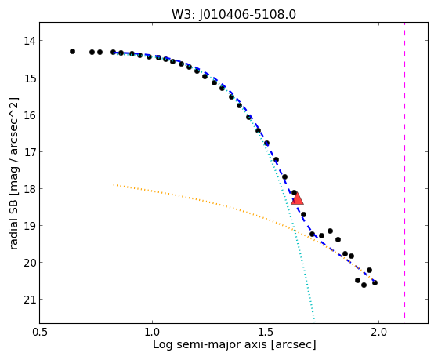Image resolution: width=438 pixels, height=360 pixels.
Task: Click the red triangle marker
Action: tap(297, 198)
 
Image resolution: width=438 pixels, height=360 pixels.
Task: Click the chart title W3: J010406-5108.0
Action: tap(233, 14)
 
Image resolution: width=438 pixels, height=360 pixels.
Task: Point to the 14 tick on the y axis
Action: tap(30, 41)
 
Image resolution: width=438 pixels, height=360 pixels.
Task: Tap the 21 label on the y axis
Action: tap(30, 300)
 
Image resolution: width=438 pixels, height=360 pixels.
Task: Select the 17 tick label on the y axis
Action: tap(30, 152)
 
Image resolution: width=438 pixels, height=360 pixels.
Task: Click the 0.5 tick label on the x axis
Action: tap(40, 332)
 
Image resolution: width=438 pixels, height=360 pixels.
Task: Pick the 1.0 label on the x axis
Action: tap(152, 332)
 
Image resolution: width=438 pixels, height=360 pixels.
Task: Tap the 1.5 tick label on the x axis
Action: tap(266, 332)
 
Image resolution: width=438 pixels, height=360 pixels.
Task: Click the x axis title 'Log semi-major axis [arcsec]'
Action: tap(234, 345)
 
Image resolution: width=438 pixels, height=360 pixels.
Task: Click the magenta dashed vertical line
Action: tap(404, 170)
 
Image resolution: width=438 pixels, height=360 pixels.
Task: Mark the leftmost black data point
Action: tap(72, 51)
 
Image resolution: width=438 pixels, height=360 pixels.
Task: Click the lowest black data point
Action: tap(364, 285)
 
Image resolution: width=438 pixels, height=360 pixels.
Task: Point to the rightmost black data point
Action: tap(375, 283)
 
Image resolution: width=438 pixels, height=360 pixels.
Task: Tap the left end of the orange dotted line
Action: tap(114, 184)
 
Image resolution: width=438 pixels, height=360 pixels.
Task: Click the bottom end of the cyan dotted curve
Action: tap(314, 322)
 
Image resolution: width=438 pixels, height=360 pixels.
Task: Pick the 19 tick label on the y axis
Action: tap(30, 226)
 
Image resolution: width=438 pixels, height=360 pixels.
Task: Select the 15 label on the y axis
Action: tap(30, 78)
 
